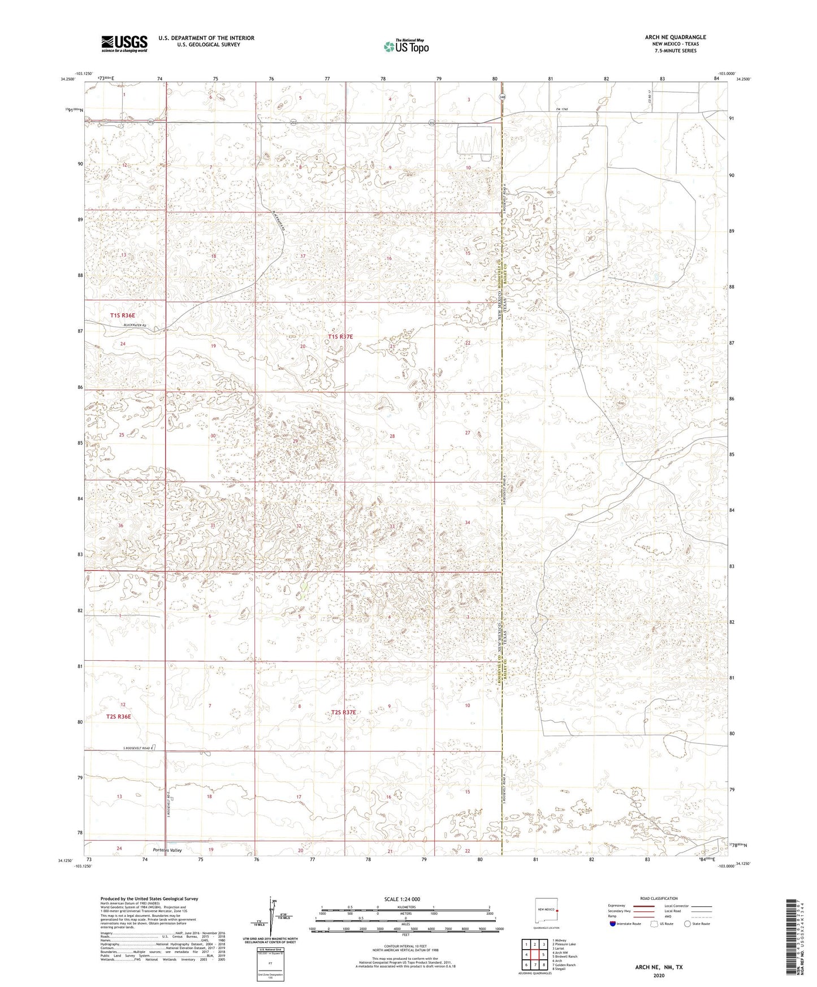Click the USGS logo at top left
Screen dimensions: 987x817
124,43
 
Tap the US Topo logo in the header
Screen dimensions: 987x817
406,46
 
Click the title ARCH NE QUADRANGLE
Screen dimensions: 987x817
675,37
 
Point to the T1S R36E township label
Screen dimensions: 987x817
123,315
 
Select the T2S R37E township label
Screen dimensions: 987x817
344,712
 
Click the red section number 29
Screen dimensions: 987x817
295,441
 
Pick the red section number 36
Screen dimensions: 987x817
120,526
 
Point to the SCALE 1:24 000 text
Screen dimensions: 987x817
402,899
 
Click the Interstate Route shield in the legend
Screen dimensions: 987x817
613,924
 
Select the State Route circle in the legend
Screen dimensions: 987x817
687,924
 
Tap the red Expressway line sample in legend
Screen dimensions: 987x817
642,906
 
